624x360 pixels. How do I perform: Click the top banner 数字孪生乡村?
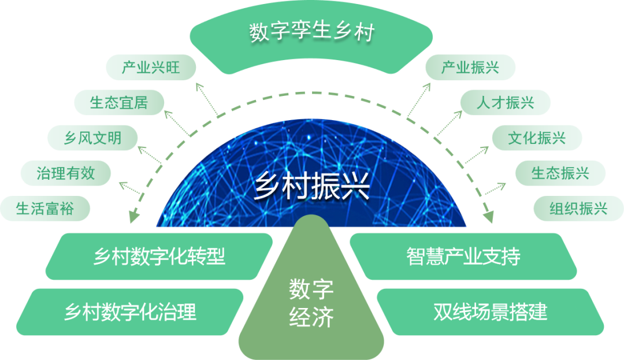click(312, 32)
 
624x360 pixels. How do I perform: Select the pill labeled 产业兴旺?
click(151, 68)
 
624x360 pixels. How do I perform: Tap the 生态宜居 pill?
click(119, 103)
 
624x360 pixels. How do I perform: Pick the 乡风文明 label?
click(92, 138)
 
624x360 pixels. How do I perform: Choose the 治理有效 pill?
click(65, 173)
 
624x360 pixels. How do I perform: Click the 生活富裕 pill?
click(45, 208)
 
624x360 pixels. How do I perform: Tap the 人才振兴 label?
click(505, 103)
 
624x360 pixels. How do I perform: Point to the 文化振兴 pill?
click(536, 138)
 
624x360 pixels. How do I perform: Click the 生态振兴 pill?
click(560, 173)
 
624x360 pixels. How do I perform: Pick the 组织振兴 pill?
click(578, 208)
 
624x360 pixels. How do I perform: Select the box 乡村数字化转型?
click(159, 256)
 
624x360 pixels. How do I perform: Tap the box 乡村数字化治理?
click(130, 312)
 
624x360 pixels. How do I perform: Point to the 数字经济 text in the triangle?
click(311, 303)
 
